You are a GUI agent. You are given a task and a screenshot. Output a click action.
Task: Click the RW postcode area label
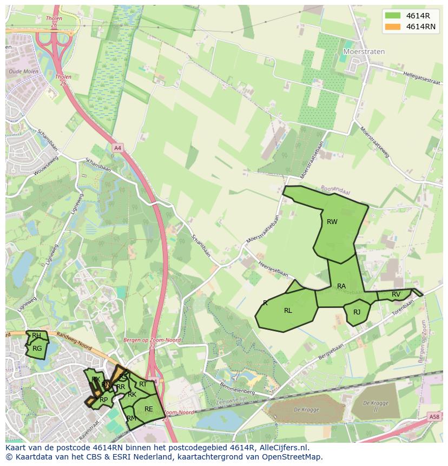coord(332,221)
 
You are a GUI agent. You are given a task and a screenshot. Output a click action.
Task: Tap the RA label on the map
coord(341,286)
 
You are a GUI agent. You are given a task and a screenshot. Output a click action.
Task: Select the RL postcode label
coord(288,311)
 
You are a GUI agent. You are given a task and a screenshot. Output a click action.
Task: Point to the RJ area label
coord(357,312)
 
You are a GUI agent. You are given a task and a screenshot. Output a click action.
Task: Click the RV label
coord(396,294)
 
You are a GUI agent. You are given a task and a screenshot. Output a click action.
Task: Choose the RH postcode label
coord(36,336)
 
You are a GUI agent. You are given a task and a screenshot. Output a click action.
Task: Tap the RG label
coord(37,349)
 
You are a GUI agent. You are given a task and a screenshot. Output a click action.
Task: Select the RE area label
coord(148,409)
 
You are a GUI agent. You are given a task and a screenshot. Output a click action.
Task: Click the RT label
coord(143,384)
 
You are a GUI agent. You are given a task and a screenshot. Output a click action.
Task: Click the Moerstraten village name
coord(364,52)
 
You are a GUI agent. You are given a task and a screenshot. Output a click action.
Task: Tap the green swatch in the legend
coord(393,16)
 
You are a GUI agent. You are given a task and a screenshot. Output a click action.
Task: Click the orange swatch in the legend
coord(393,27)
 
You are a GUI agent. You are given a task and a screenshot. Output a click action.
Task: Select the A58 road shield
coord(434,417)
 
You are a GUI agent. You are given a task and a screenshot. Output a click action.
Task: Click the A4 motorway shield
coord(117,147)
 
